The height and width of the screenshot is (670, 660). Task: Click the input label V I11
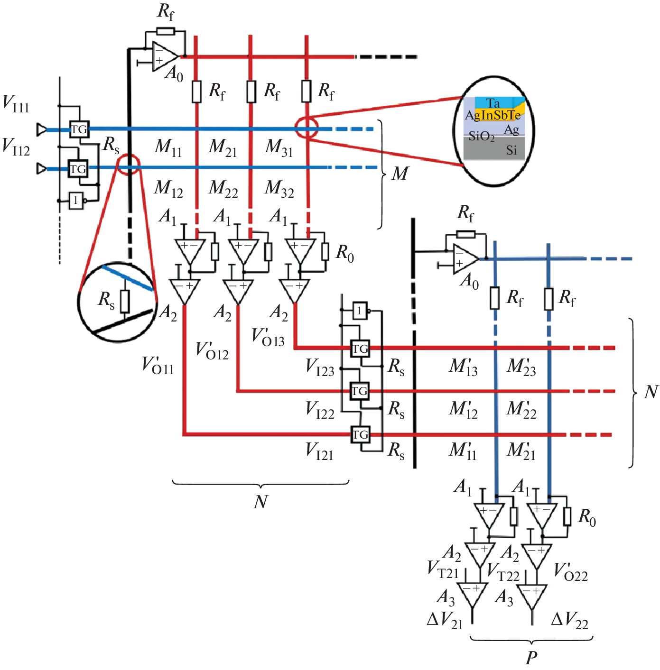(16, 104)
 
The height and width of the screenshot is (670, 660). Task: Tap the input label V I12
(16, 147)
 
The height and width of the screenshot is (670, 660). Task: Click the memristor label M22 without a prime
(223, 189)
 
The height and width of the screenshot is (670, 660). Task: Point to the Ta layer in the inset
(493, 102)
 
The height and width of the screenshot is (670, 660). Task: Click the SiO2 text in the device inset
(481, 137)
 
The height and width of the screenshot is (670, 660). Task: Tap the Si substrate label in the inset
(511, 150)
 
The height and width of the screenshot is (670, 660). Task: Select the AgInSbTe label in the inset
(493, 115)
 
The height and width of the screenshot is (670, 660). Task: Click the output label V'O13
(268, 338)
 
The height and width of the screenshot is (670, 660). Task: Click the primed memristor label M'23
(521, 367)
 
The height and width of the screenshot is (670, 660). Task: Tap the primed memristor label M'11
(463, 450)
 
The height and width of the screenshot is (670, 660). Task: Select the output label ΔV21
(445, 620)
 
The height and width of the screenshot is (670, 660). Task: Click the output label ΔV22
(569, 620)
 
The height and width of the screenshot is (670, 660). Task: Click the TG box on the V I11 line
(79, 129)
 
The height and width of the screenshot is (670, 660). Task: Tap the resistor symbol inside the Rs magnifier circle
(125, 301)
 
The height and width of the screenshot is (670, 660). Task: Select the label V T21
(442, 569)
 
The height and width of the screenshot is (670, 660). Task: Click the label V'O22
(571, 572)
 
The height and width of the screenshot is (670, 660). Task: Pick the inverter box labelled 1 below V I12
(76, 200)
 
